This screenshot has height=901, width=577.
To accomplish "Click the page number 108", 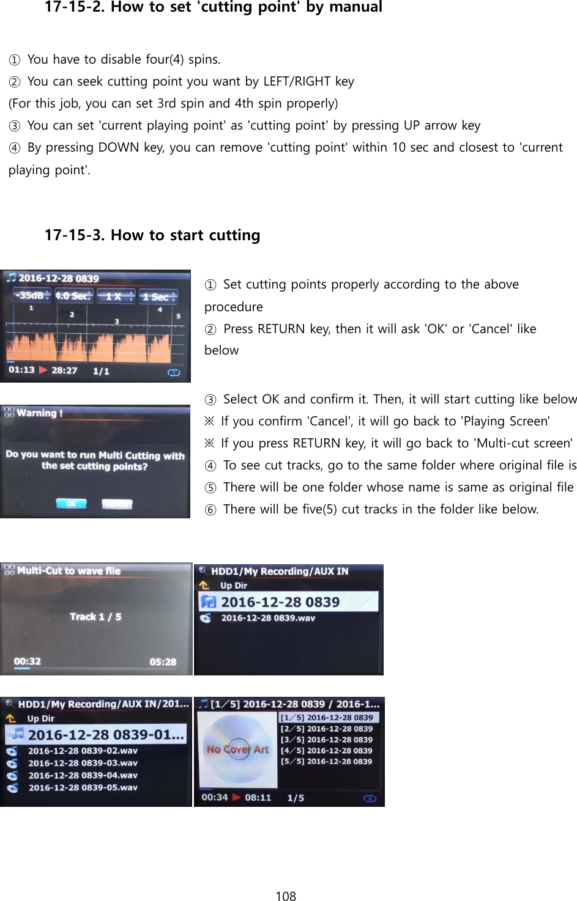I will pyautogui.click(x=285, y=895).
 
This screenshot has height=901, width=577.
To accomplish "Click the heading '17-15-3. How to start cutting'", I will pyautogui.click(x=152, y=235).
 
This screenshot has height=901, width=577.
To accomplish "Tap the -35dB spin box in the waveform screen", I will pyautogui.click(x=32, y=296).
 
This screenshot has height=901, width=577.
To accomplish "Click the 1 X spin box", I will pyautogui.click(x=115, y=296).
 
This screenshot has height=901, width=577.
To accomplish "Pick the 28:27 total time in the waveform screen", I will pyautogui.click(x=64, y=370).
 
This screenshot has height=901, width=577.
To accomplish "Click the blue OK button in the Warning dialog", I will pyautogui.click(x=71, y=504).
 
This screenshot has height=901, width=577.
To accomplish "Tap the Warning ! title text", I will pyautogui.click(x=39, y=413).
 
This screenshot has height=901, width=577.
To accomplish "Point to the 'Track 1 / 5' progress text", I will pyautogui.click(x=95, y=617).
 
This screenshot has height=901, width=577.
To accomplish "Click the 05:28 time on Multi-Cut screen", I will pyautogui.click(x=163, y=662).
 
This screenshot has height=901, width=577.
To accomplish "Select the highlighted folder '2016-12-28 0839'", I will pyautogui.click(x=280, y=602).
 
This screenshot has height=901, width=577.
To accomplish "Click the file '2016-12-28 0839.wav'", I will pyautogui.click(x=268, y=618).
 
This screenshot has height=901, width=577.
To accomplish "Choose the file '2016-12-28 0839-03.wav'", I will pyautogui.click(x=83, y=763).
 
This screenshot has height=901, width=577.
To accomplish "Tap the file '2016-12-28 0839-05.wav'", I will pyautogui.click(x=83, y=787).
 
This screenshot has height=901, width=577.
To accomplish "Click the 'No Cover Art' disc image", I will pyautogui.click(x=237, y=749).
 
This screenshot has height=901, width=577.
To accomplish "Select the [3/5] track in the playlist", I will pyautogui.click(x=327, y=740).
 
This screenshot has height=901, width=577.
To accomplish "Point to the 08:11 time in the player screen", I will pyautogui.click(x=258, y=798).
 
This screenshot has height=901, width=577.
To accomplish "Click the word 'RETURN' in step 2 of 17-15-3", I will pyautogui.click(x=281, y=329).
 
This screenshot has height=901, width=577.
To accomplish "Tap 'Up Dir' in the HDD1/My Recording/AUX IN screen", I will pyautogui.click(x=234, y=586).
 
